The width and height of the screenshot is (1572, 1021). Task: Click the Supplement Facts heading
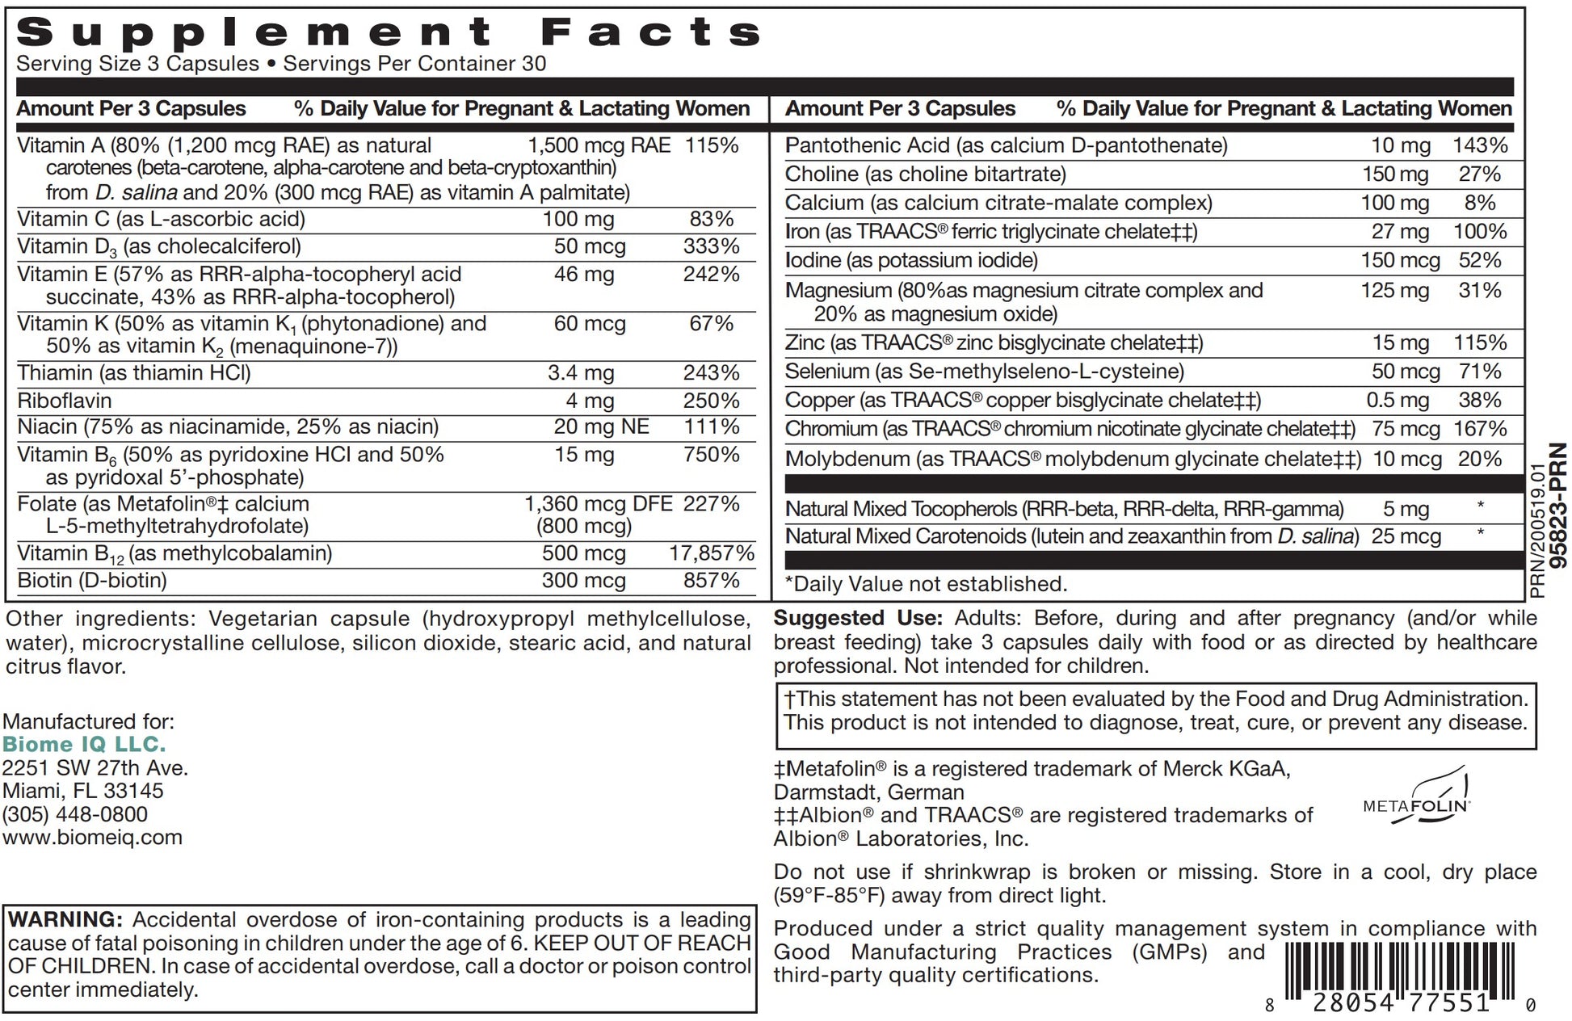tap(389, 32)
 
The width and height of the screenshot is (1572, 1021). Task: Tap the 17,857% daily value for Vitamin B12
tap(711, 553)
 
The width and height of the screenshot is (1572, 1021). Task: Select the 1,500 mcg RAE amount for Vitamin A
tap(599, 145)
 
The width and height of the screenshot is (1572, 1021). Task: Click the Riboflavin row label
tap(65, 401)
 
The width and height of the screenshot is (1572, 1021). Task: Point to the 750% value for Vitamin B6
tap(711, 455)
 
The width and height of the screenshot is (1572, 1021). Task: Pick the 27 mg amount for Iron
tap(1400, 232)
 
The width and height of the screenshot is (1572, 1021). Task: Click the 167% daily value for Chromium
tap(1480, 429)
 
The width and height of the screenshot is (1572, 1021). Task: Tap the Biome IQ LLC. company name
tap(84, 744)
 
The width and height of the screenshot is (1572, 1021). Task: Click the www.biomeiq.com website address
tap(93, 838)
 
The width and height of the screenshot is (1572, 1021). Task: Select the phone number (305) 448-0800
tap(75, 814)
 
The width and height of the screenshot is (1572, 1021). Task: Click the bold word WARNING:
tap(65, 919)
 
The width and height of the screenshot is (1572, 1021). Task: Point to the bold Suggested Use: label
tap(858, 618)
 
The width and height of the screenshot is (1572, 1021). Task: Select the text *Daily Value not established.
tap(926, 584)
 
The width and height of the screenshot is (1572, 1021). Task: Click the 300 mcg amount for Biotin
tap(583, 581)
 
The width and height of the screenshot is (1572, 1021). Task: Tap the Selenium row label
tap(827, 372)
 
